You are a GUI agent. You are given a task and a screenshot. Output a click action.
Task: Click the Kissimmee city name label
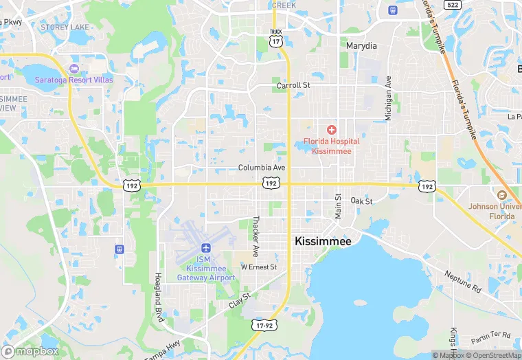click(x=323, y=241)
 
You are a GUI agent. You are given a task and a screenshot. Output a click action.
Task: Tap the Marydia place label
click(x=361, y=46)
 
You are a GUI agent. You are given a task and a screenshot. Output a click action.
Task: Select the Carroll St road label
click(x=293, y=86)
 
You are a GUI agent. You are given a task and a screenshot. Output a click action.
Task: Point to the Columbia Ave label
click(x=262, y=168)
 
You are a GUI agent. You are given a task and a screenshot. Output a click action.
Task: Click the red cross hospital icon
click(x=331, y=130)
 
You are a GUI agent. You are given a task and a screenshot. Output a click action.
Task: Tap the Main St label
click(x=338, y=206)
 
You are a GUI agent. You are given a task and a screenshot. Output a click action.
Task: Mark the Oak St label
click(x=361, y=201)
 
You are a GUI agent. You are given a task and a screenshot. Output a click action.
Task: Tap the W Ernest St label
click(x=258, y=267)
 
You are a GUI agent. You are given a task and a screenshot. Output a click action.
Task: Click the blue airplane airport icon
click(x=205, y=247)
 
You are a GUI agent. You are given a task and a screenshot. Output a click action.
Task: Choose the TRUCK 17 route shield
click(x=276, y=38)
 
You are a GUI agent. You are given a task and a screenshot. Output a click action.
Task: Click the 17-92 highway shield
click(x=263, y=324)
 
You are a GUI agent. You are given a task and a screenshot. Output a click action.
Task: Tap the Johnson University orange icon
click(x=501, y=195)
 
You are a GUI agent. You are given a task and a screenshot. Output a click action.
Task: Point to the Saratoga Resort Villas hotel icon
click(x=73, y=69)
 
